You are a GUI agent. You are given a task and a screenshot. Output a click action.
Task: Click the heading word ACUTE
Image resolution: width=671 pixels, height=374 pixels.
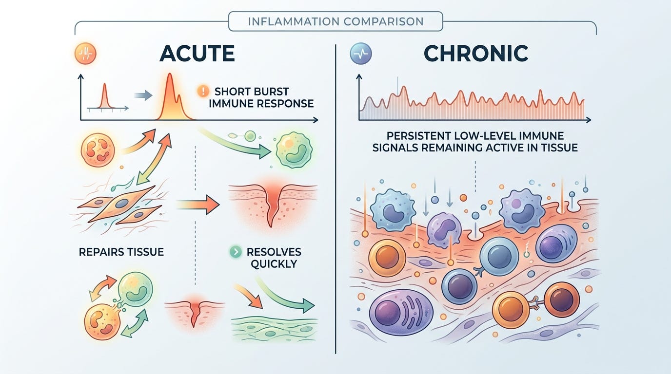click(197, 53)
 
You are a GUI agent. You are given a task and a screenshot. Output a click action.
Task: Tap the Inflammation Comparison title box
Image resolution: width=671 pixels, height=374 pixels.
click(335, 21)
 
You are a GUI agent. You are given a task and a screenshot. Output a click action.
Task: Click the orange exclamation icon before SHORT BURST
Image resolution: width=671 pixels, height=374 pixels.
click(202, 91)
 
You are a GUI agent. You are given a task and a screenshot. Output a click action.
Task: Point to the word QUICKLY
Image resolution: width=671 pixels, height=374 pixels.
click(274, 264)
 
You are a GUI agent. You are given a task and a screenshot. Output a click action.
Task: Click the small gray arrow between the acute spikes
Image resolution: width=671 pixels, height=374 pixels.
click(143, 96)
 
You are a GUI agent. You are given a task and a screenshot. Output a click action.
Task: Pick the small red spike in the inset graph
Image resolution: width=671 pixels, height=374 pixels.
click(104, 96)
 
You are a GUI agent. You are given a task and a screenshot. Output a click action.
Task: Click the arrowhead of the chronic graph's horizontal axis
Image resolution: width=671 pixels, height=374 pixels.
click(589, 120)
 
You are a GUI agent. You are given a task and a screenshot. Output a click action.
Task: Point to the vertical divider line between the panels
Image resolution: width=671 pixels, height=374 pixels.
click(336, 195)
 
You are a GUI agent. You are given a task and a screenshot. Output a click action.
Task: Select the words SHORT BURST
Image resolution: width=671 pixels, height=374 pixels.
click(252, 91)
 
